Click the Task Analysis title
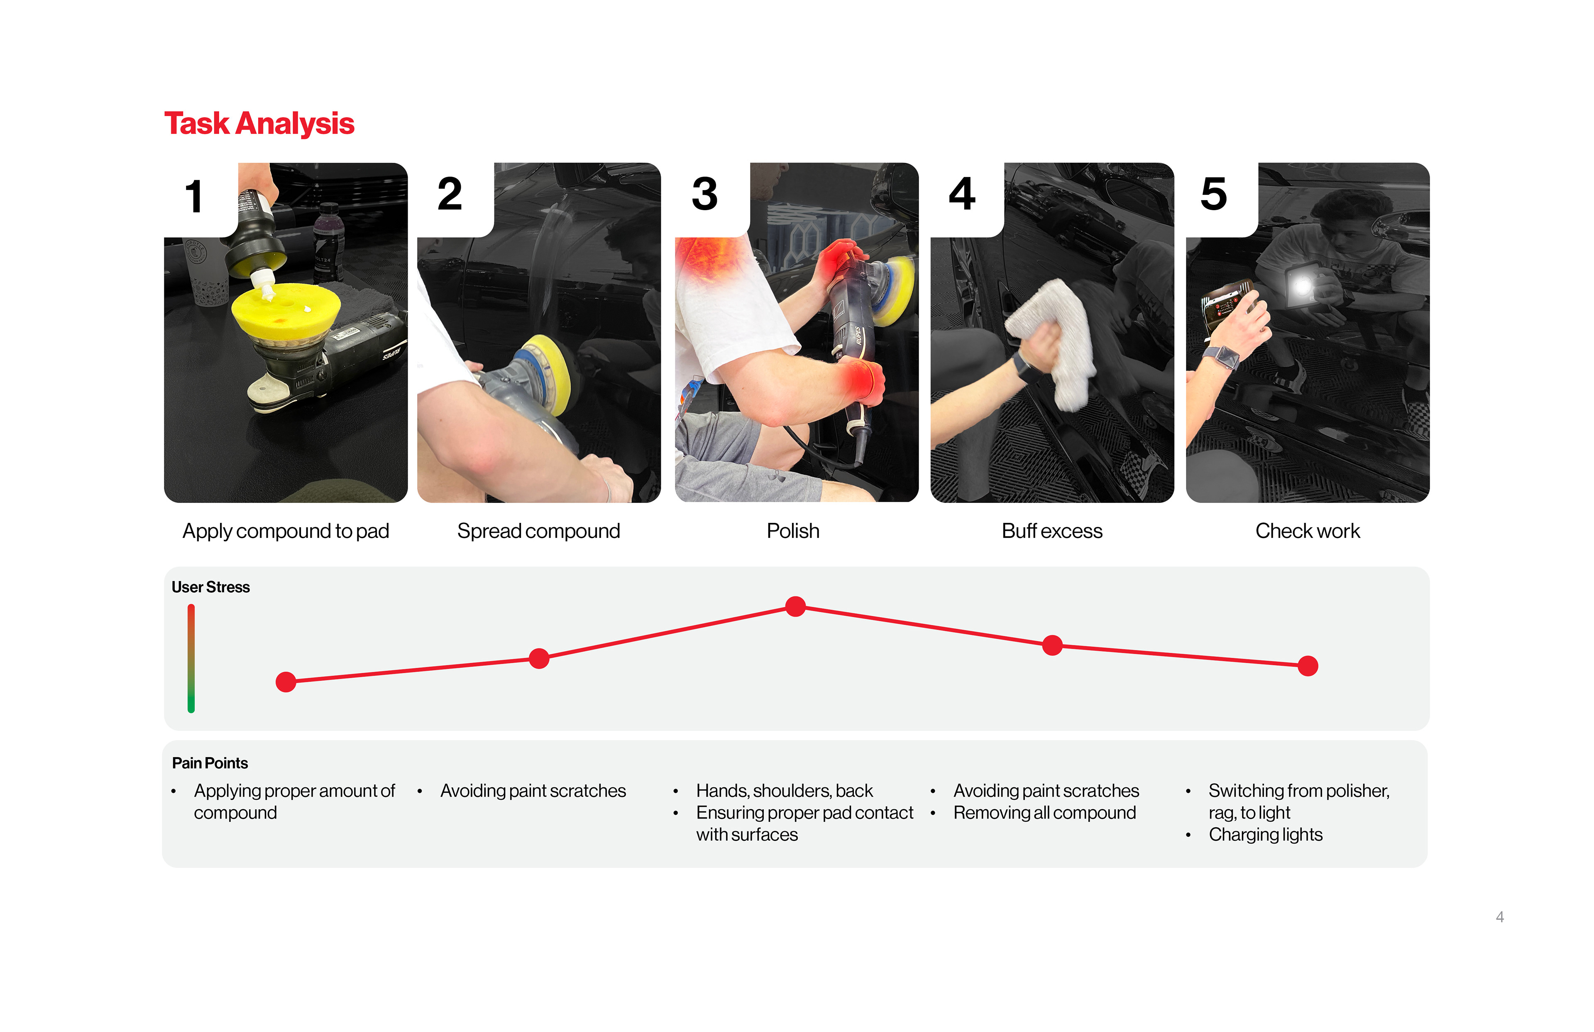coord(259,124)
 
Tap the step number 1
coord(194,196)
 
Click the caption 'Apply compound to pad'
coord(286,531)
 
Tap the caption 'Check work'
coord(1307,531)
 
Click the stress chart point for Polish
coord(796,606)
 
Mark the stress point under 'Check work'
coord(1308,666)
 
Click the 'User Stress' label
coord(210,587)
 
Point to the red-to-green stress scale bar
coord(191,658)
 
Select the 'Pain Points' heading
coord(210,763)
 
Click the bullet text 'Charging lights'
coord(1265,834)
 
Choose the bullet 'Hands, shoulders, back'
coord(784,791)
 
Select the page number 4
coord(1500,917)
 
